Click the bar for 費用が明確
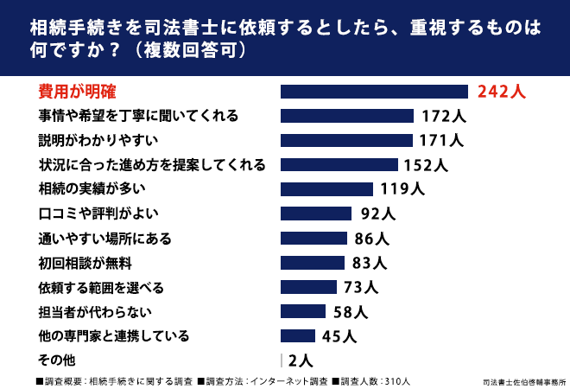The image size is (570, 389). [x=374, y=92]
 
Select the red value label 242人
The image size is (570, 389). [x=501, y=92]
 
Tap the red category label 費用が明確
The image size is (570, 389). [x=77, y=92]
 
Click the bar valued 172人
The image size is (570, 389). [x=347, y=116]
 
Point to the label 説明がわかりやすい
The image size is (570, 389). [x=98, y=140]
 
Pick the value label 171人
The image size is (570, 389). [x=441, y=140]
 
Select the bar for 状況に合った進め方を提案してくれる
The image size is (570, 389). [x=339, y=164]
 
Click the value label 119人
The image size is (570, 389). [x=402, y=188]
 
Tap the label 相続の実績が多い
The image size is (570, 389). [x=92, y=188]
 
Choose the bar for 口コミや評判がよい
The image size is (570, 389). [x=316, y=214]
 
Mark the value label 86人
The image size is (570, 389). [x=372, y=239]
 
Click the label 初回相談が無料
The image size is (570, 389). [x=85, y=263]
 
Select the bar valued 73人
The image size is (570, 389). [x=308, y=287]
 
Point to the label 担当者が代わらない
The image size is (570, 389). [x=95, y=312]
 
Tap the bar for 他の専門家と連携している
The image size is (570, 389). [x=298, y=336]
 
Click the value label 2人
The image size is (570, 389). [x=301, y=360]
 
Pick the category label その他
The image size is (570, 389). [x=57, y=360]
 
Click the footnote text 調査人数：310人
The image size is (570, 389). [x=371, y=381]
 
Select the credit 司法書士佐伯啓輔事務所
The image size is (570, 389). [x=524, y=382]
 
